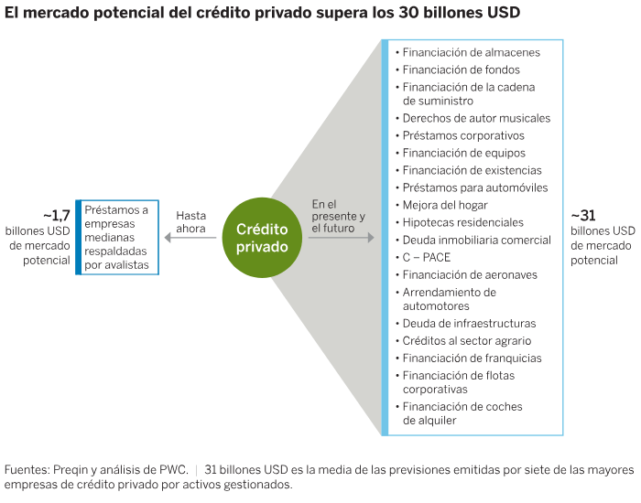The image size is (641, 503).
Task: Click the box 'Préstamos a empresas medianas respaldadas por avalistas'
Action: [x=116, y=237]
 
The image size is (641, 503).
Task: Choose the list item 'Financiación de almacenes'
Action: [x=471, y=53]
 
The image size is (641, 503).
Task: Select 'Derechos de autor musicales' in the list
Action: [x=476, y=118]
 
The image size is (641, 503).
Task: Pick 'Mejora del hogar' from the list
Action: [x=445, y=205]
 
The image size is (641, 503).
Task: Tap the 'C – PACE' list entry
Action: [x=427, y=257]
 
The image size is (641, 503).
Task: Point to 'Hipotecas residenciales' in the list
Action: [x=463, y=222]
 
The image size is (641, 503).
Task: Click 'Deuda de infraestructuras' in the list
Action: [x=469, y=323]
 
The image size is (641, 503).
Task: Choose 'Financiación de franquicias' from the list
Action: [x=472, y=358]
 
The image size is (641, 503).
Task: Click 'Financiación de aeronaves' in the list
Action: [x=470, y=274]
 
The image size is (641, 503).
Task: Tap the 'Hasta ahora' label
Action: [x=190, y=222]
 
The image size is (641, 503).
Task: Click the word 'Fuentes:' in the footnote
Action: [x=25, y=470]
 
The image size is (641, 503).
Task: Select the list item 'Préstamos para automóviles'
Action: [x=475, y=187]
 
